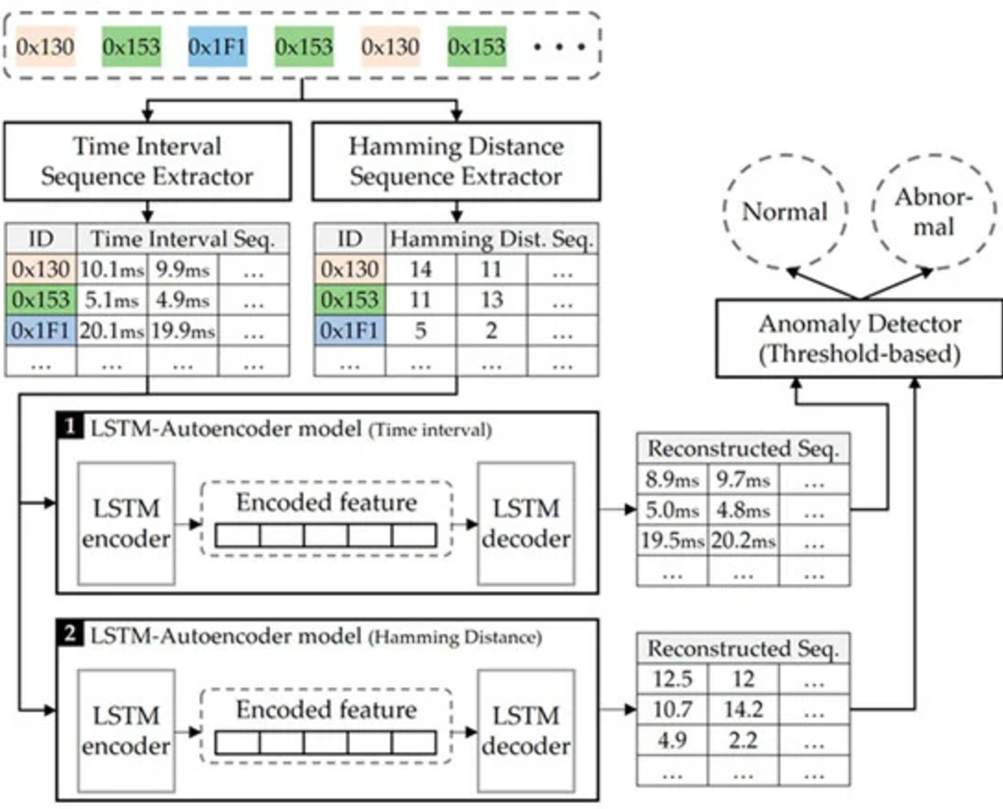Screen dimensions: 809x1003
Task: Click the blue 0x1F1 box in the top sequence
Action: tap(217, 47)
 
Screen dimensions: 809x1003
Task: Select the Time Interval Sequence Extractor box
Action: tap(147, 161)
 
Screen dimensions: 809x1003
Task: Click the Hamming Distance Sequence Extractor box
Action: tap(456, 161)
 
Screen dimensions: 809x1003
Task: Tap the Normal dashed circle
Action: tap(785, 211)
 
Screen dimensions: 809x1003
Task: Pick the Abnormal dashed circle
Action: tap(933, 211)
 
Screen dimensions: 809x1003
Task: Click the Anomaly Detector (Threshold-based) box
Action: tap(859, 339)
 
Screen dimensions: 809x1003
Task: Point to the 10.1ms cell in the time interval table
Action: tap(112, 269)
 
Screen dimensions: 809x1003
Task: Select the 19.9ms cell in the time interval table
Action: tap(183, 331)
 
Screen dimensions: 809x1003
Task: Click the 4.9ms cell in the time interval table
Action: tap(183, 300)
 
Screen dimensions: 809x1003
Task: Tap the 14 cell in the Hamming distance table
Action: tap(420, 269)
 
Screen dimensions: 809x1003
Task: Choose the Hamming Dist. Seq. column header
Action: tap(491, 239)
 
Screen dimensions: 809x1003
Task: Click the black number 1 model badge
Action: tap(70, 426)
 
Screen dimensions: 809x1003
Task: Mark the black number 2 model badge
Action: tap(70, 633)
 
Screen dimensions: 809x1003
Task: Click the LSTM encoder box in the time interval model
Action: tap(126, 524)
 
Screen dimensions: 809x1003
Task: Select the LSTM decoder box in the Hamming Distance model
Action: tap(526, 731)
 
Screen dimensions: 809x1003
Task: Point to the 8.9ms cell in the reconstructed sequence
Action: tap(672, 479)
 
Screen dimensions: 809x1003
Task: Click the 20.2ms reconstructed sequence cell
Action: tap(743, 541)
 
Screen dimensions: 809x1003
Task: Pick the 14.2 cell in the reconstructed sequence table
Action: tap(743, 710)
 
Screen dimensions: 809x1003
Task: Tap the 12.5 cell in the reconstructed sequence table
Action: tap(672, 679)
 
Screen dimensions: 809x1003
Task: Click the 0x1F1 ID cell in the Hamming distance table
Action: tap(349, 331)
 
